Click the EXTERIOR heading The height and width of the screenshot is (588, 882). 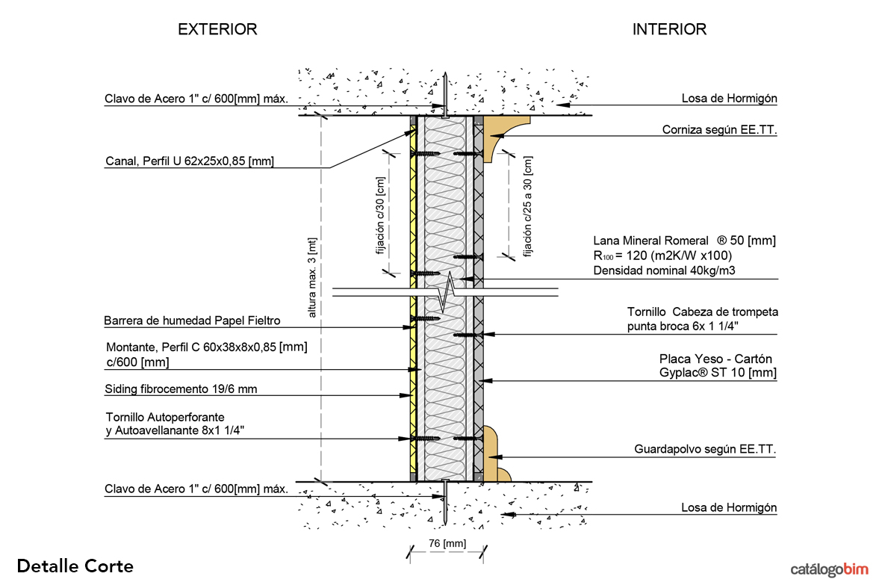click(217, 30)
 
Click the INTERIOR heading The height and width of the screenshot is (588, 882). click(669, 30)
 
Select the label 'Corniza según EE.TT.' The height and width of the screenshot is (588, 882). click(719, 130)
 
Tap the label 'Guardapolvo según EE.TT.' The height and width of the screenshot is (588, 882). click(705, 450)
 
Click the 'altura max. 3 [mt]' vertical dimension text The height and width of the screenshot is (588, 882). click(312, 276)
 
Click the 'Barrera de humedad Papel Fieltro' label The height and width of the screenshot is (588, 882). click(193, 321)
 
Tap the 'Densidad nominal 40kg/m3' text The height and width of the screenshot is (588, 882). click(664, 270)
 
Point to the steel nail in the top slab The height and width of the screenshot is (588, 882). click(444, 95)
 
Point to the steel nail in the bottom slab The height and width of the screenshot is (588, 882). click(444, 501)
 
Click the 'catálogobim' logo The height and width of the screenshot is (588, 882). click(830, 570)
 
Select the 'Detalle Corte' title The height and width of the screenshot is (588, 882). click(75, 566)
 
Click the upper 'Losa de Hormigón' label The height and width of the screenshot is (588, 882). click(729, 99)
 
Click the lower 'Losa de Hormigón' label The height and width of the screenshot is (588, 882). click(729, 508)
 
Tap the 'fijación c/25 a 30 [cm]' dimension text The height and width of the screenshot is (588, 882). click(528, 206)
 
